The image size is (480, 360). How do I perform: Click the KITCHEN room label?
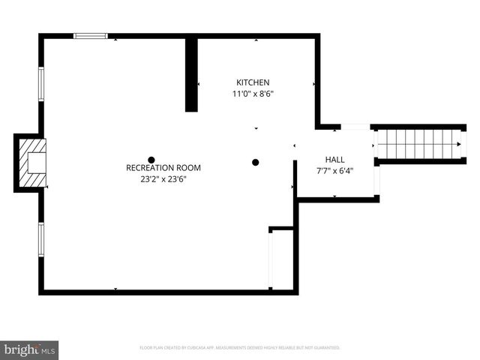point(253,82)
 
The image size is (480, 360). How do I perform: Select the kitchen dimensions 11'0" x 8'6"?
point(253,94)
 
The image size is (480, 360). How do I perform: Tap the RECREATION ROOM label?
point(163,168)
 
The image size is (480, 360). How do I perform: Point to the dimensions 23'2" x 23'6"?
point(163,179)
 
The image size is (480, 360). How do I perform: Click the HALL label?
point(334,160)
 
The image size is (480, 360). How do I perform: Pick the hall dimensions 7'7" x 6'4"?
point(334,170)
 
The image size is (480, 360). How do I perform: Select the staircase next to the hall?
point(418,142)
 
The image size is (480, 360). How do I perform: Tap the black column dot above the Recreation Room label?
point(151,159)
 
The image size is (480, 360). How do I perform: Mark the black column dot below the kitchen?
point(255,162)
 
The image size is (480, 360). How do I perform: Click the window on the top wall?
point(91,35)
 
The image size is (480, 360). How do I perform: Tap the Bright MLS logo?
point(30,349)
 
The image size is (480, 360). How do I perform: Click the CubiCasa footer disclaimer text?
point(240,348)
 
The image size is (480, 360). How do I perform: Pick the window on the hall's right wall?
point(376,179)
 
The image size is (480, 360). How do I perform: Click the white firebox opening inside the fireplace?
point(35,163)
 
